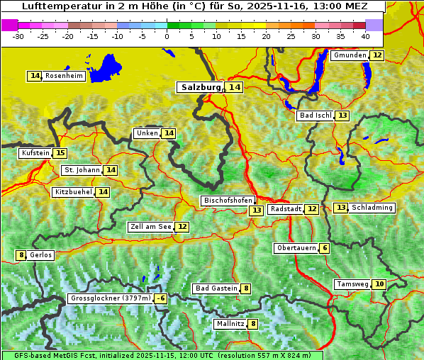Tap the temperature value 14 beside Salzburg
pyautogui.click(x=234, y=87)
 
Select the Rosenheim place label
pyautogui.click(x=65, y=76)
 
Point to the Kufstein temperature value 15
pyautogui.click(x=60, y=153)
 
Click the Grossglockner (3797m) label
pyautogui.click(x=111, y=299)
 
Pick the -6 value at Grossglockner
pyautogui.click(x=161, y=299)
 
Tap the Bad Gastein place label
pyautogui.click(x=216, y=288)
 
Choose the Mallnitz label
pyautogui.click(x=230, y=324)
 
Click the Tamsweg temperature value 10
pyautogui.click(x=379, y=284)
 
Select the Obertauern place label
pyautogui.click(x=296, y=248)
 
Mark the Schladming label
pyautogui.click(x=372, y=208)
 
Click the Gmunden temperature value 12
pyautogui.click(x=377, y=55)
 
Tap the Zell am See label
pyautogui.click(x=151, y=227)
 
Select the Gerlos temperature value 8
pyautogui.click(x=21, y=255)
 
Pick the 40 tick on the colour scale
pyautogui.click(x=364, y=35)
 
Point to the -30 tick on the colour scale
pyautogui.click(x=18, y=35)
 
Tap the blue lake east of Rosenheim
pyautogui.click(x=107, y=68)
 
